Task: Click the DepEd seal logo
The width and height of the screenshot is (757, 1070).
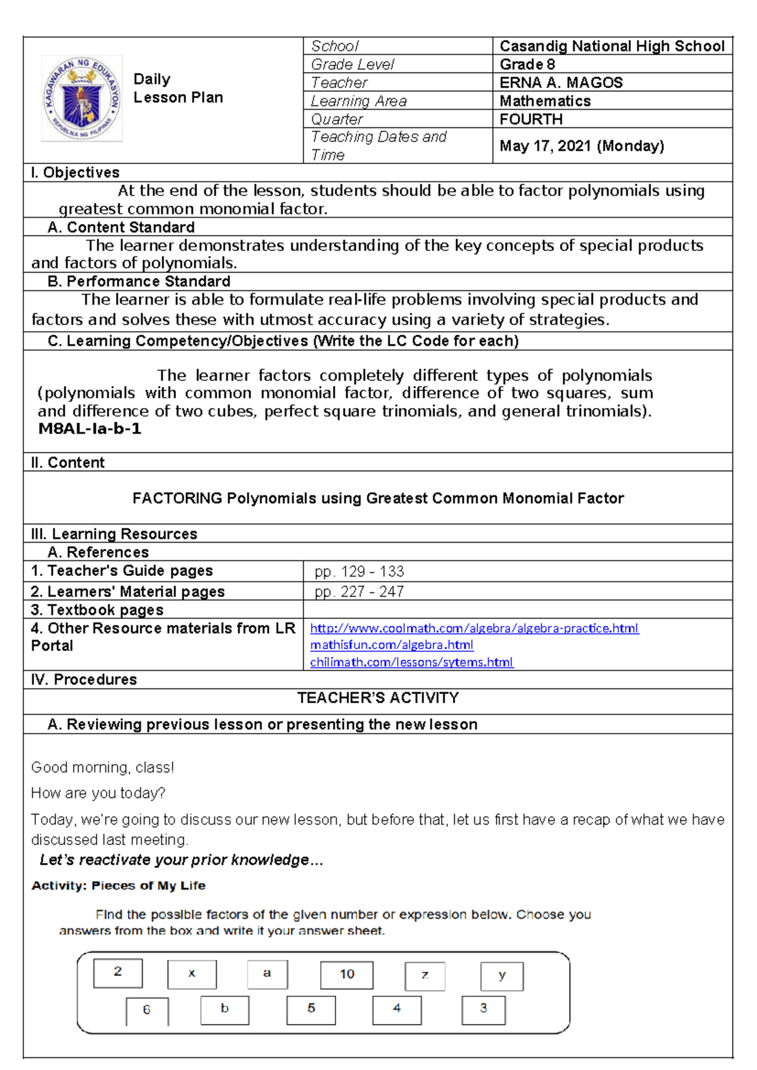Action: point(82,98)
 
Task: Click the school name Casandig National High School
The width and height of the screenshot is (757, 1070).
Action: point(611,46)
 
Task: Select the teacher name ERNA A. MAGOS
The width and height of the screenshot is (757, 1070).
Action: point(561,83)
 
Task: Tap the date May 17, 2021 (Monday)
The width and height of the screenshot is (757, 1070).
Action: point(582,146)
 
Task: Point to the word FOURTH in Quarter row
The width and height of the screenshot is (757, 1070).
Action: point(531,119)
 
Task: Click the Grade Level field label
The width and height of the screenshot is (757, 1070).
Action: point(352,64)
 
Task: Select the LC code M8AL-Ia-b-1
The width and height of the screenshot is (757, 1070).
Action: point(90,429)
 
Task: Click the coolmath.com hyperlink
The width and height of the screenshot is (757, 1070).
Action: point(474,628)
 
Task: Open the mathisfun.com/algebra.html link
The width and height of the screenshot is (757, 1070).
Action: point(391,645)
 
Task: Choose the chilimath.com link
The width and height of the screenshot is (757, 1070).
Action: point(411,662)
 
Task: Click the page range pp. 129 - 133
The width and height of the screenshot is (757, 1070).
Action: point(359,572)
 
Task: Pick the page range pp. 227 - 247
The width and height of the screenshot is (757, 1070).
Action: point(359,592)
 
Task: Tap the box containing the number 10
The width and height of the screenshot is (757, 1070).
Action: point(347,974)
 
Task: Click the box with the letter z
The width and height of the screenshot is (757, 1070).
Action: point(425,975)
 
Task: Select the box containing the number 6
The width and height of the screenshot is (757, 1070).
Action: point(147,1010)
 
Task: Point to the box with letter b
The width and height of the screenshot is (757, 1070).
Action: point(225,1009)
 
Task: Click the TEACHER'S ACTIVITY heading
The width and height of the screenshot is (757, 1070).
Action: point(378,698)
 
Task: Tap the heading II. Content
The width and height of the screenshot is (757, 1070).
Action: point(67,462)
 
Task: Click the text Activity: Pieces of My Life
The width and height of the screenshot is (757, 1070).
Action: point(119,886)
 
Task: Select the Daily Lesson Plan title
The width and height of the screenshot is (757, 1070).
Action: point(177,88)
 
